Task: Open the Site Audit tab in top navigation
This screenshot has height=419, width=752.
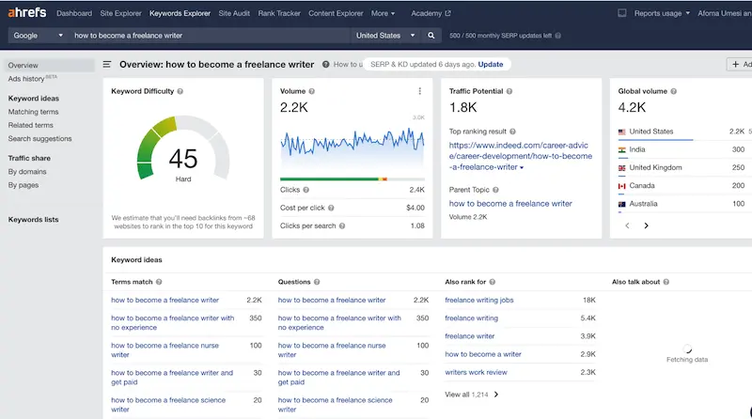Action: click(234, 14)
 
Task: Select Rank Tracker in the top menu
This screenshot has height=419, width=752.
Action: click(279, 14)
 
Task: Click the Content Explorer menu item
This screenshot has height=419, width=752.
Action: click(335, 14)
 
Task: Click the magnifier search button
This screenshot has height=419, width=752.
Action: click(431, 36)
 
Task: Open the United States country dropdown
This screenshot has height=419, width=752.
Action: click(385, 36)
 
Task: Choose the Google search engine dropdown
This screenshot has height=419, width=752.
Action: click(38, 36)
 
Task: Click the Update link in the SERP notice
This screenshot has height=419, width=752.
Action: click(490, 64)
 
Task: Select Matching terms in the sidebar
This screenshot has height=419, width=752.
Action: click(33, 112)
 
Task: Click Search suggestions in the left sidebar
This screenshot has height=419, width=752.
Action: click(39, 139)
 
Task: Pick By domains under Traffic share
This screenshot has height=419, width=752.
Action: click(27, 172)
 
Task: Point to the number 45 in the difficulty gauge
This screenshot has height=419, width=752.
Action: click(183, 157)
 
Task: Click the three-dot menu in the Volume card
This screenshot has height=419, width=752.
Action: click(419, 91)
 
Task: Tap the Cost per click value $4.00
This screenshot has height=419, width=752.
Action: click(415, 208)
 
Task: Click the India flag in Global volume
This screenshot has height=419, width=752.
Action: click(622, 149)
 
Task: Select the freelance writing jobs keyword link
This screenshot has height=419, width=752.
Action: click(479, 301)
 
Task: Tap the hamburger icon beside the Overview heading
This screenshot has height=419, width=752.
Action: click(107, 65)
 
